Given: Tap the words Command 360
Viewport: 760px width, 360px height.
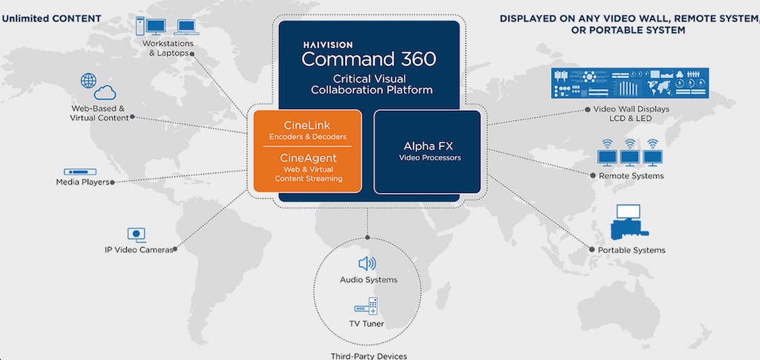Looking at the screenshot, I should pyautogui.click(x=369, y=59).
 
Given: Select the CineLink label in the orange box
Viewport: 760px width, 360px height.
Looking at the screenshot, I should pyautogui.click(x=307, y=123).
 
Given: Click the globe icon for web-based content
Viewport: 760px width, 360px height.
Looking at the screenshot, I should pyautogui.click(x=88, y=80).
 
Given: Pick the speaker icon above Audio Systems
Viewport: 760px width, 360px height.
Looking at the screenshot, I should pyautogui.click(x=368, y=264).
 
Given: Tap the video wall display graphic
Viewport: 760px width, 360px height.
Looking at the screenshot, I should pyautogui.click(x=630, y=83).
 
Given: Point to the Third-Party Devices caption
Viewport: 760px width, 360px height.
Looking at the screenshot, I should pyautogui.click(x=368, y=356).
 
